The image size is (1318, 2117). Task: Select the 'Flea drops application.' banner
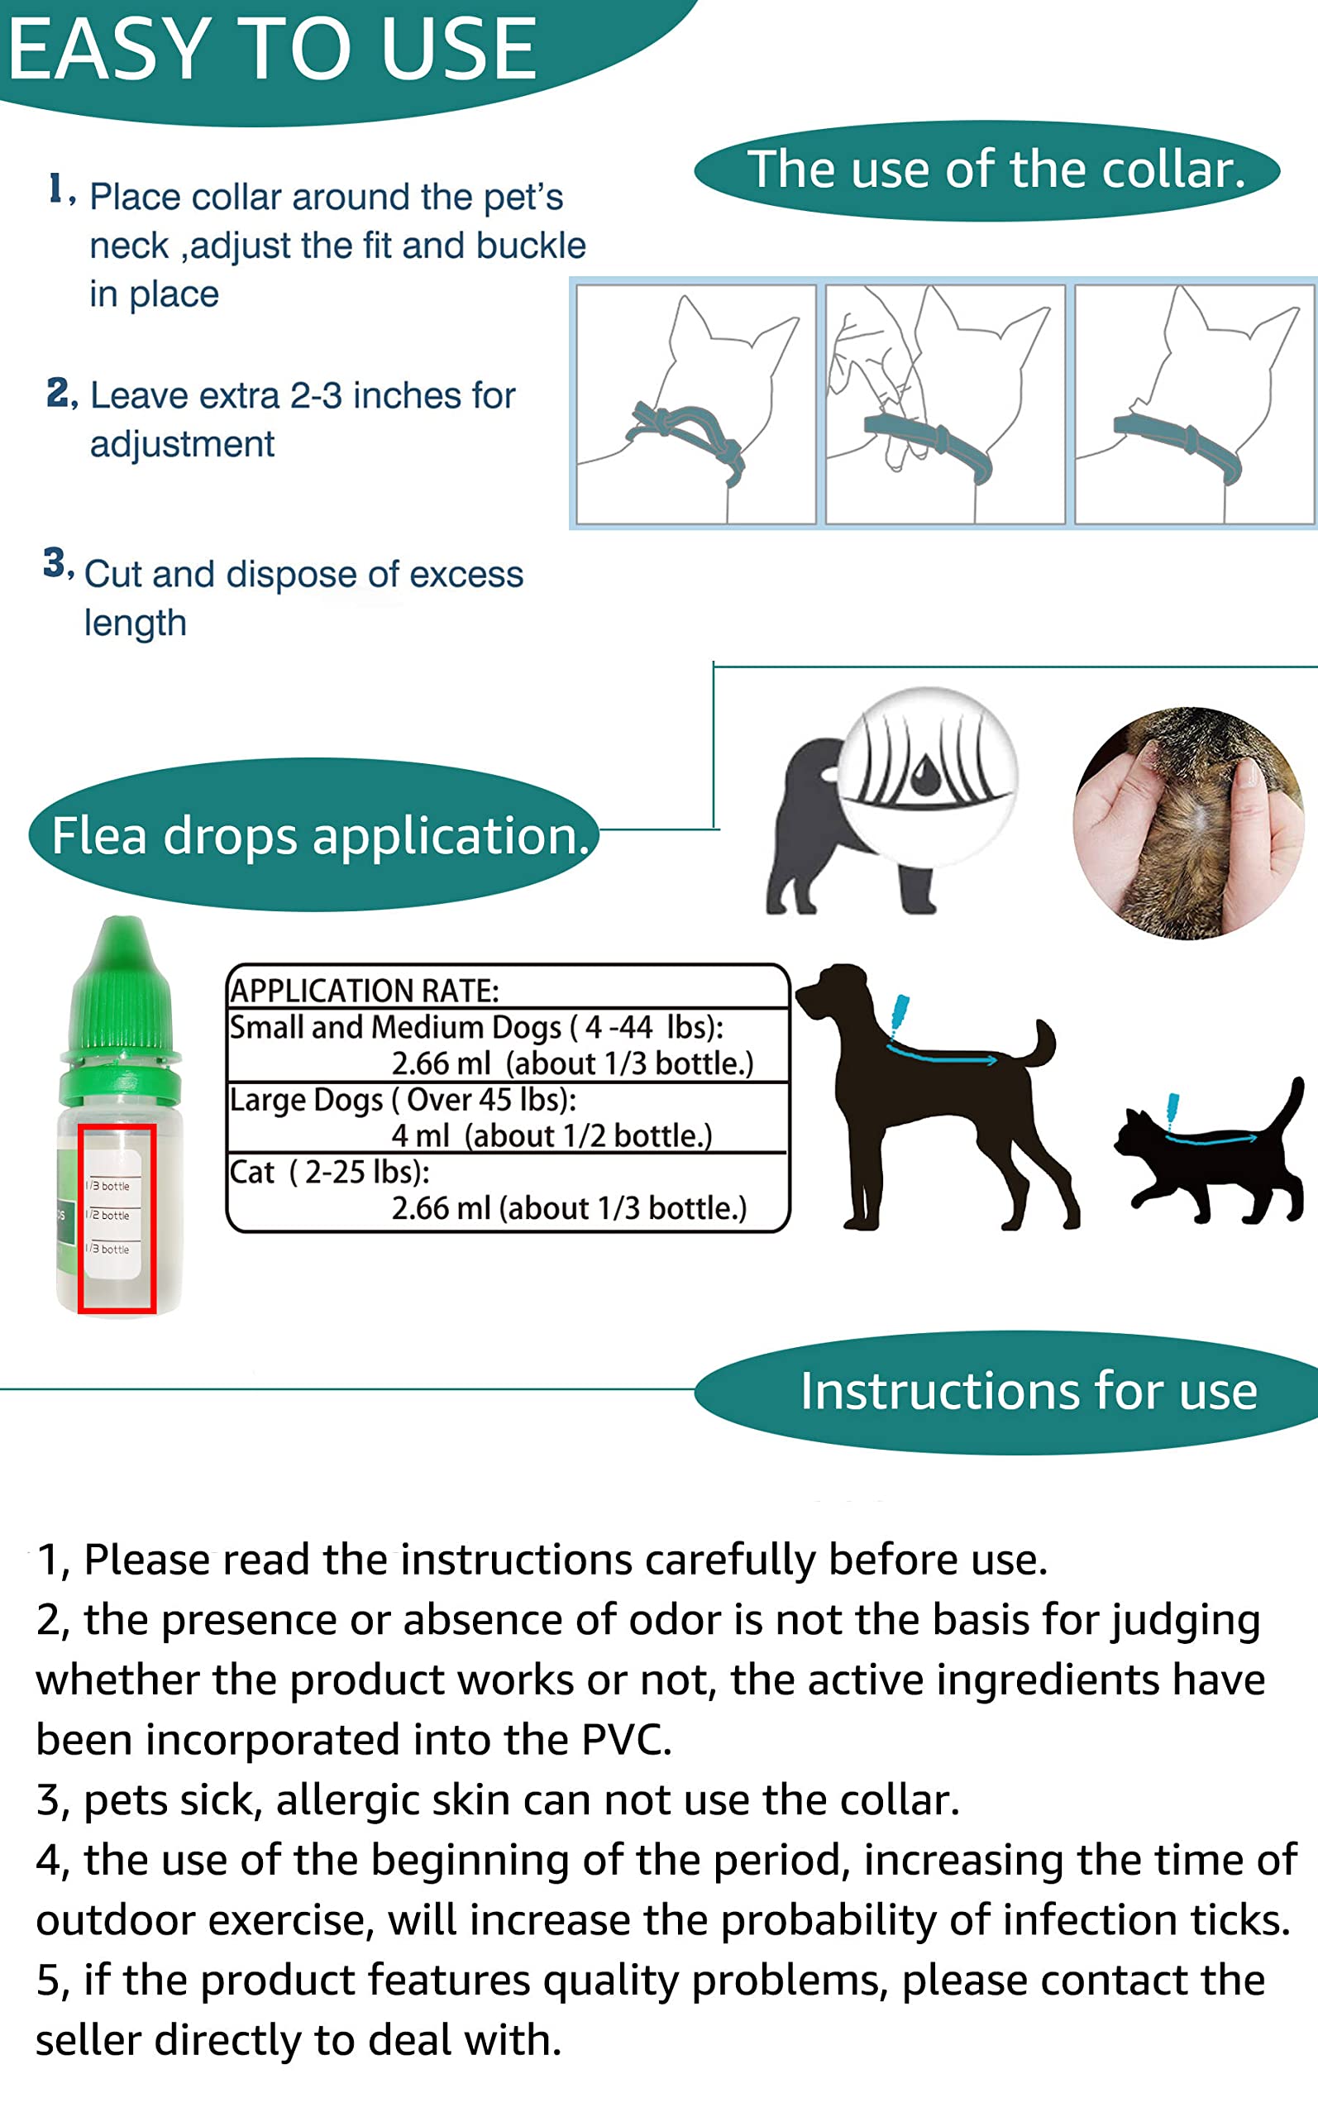(x=320, y=836)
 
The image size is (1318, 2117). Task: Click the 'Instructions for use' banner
(x=1029, y=1390)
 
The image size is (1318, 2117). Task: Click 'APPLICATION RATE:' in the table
(x=364, y=991)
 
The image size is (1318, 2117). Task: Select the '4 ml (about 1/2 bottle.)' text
(x=551, y=1135)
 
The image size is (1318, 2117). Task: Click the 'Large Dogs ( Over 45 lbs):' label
(x=402, y=1100)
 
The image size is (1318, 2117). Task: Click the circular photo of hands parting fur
(x=1187, y=824)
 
